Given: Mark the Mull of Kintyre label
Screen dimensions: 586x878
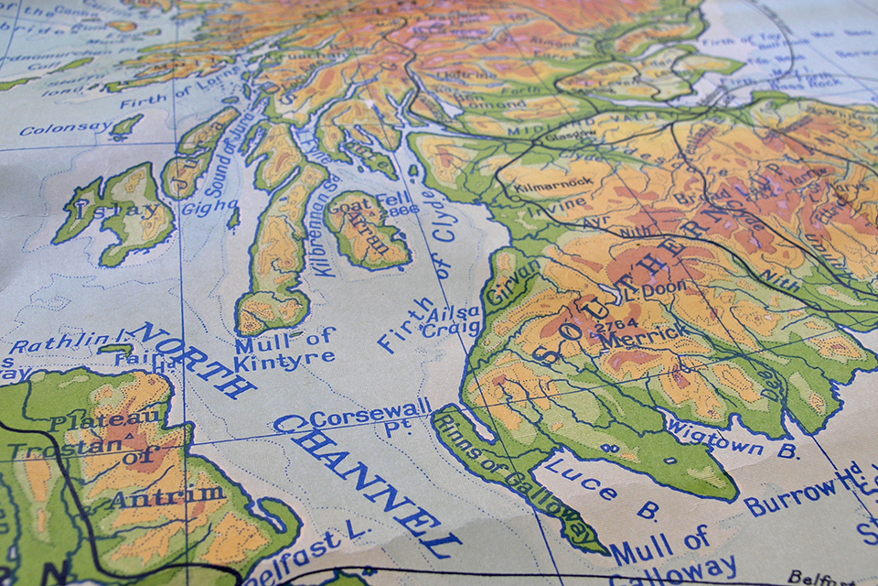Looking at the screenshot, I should pos(284,351).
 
